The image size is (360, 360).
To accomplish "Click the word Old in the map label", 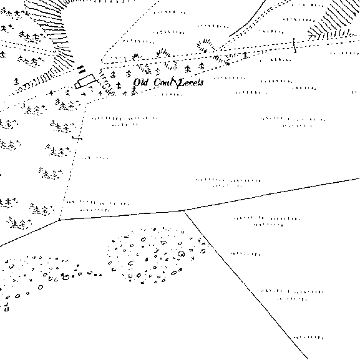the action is [x=140, y=82].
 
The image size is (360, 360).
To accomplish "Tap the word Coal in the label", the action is [x=163, y=82].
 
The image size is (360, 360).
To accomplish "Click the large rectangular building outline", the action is [x=87, y=80].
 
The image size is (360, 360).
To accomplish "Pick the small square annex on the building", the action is [x=77, y=85].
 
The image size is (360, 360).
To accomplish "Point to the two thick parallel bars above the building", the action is [x=81, y=69].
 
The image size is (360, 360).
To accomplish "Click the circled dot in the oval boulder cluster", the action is [x=182, y=254].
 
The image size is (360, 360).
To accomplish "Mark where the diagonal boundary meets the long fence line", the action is [x=184, y=210].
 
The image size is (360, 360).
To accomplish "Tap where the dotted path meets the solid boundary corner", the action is [x=59, y=220].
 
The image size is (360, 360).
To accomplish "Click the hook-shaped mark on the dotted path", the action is [x=77, y=138].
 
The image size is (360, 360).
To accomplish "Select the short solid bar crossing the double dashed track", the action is [x=294, y=45].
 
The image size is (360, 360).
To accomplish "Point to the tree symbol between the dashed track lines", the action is [x=245, y=55].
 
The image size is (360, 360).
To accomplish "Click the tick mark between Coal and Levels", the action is [x=176, y=82].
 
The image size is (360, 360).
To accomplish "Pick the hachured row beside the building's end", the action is [x=105, y=82].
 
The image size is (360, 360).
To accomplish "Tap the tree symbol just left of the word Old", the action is [x=119, y=85].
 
